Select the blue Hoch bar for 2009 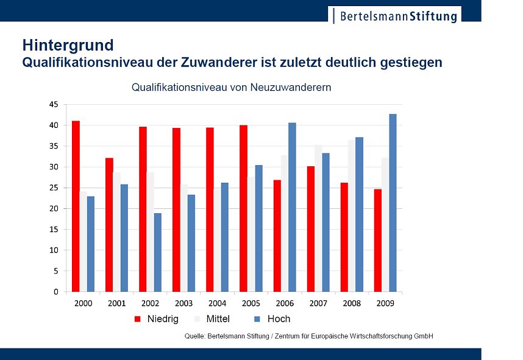(x=393, y=203)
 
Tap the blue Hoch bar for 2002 (x=158, y=252)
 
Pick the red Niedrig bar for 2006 (x=277, y=236)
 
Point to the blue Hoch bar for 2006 (x=292, y=207)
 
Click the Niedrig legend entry (x=157, y=319)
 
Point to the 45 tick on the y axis (x=54, y=105)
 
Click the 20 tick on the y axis (x=54, y=208)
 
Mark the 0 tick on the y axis (x=56, y=292)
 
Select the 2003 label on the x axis (x=183, y=303)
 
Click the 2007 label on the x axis (x=318, y=303)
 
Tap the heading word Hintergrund (x=68, y=45)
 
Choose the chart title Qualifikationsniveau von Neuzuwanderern (x=231, y=88)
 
